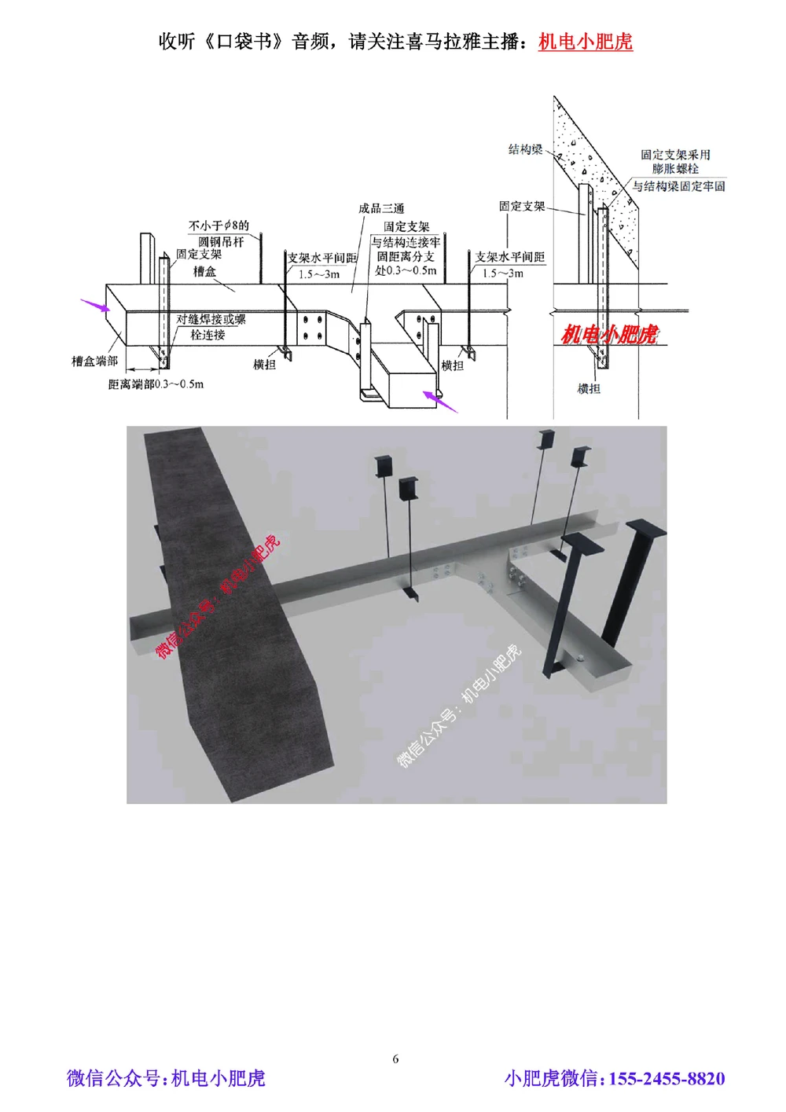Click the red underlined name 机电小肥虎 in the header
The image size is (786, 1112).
pos(585,41)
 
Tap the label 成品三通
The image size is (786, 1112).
pos(381,208)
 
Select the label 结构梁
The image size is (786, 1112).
pos(525,149)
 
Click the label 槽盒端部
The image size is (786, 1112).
pos(94,361)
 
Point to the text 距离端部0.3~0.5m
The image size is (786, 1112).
pos(156,384)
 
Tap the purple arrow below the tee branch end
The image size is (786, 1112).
pos(440,402)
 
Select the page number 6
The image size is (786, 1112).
pos(395,1059)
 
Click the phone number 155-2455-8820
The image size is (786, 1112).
pos(667,1078)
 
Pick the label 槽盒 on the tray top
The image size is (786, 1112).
pos(204,272)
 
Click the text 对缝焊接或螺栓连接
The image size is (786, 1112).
pos(211,327)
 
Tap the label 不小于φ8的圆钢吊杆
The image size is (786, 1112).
pos(219,233)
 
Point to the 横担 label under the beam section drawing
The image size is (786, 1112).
pos(589,389)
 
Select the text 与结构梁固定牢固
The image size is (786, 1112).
pos(678,187)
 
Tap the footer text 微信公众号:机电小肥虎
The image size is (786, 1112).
pos(166,1078)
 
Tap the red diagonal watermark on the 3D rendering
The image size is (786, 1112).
pos(218,596)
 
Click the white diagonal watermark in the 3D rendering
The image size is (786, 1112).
pos(459,706)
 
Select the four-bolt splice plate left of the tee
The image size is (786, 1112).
pos(312,328)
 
